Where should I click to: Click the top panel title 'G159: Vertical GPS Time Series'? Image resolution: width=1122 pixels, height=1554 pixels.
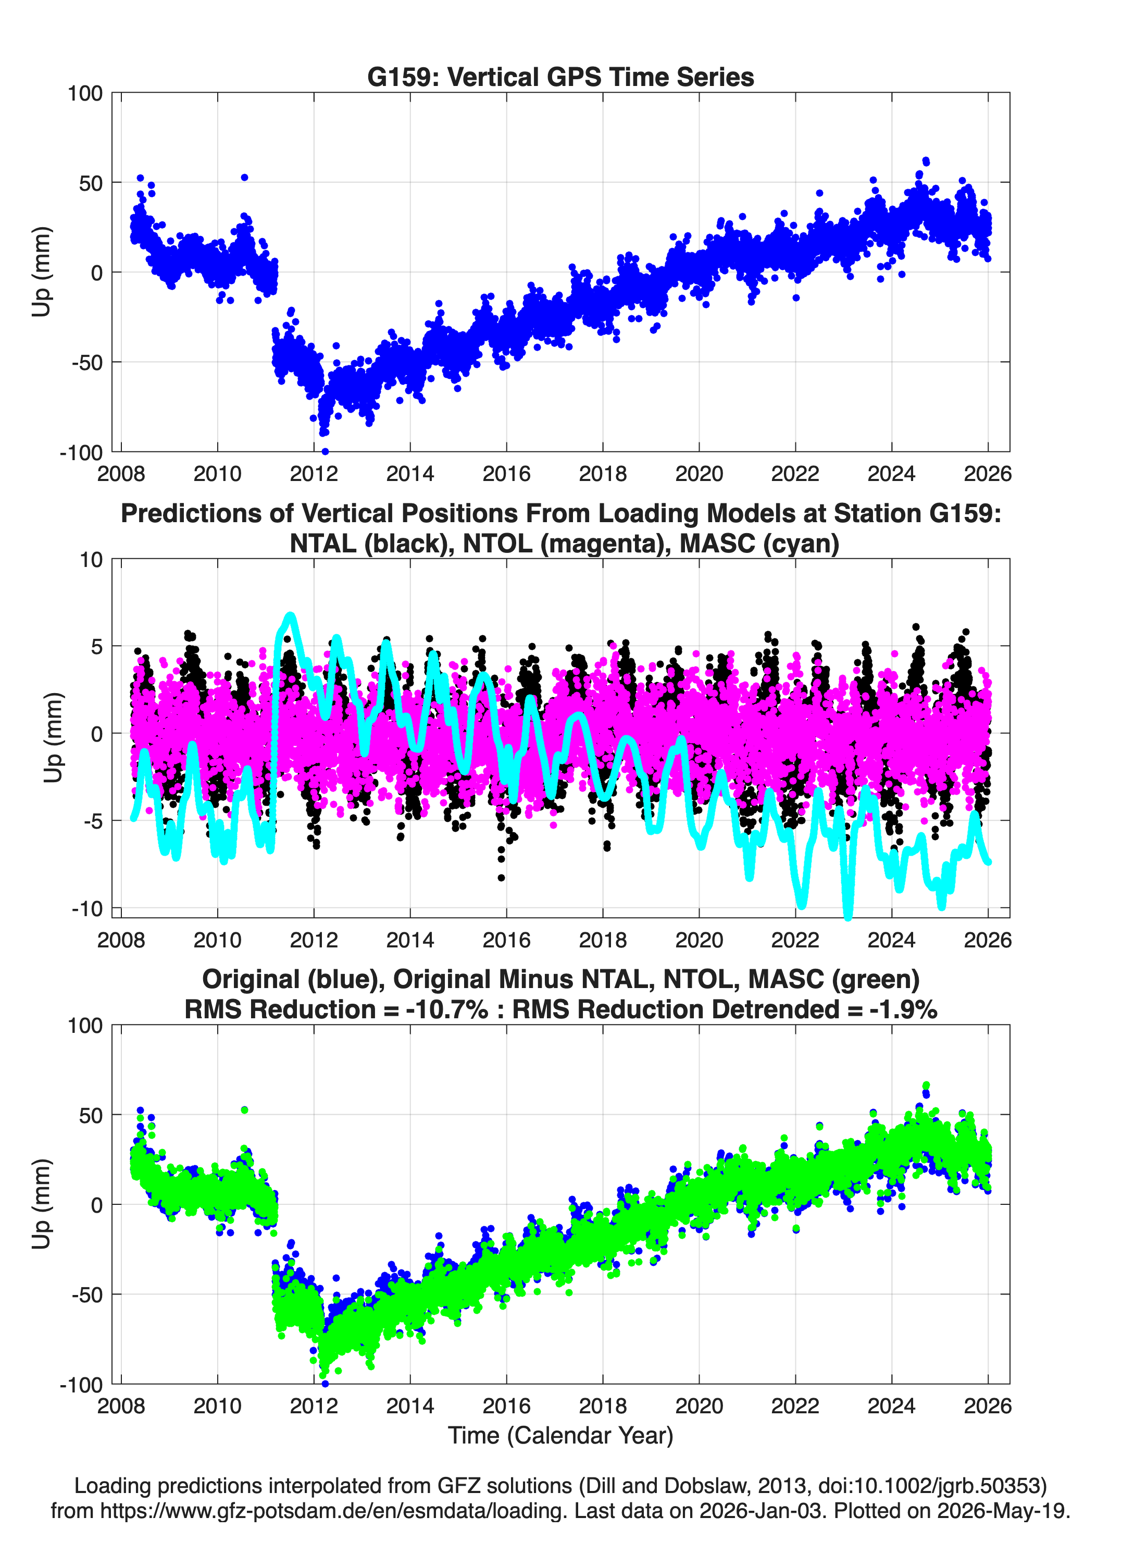point(560,77)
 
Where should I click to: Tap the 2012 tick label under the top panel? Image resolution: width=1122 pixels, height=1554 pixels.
point(314,474)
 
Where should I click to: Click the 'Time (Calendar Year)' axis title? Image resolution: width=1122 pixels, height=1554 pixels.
point(560,1435)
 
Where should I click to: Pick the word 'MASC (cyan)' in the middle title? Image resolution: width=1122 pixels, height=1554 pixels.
point(759,544)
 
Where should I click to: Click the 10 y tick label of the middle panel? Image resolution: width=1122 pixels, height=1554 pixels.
point(91,560)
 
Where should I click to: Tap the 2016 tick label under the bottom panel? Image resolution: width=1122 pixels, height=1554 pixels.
point(506,1405)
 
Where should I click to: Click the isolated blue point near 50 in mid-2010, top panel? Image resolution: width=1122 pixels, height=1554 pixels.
point(244,178)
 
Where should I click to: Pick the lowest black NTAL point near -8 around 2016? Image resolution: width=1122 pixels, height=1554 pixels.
point(502,878)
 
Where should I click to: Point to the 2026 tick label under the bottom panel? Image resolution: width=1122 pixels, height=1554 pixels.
point(988,1405)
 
